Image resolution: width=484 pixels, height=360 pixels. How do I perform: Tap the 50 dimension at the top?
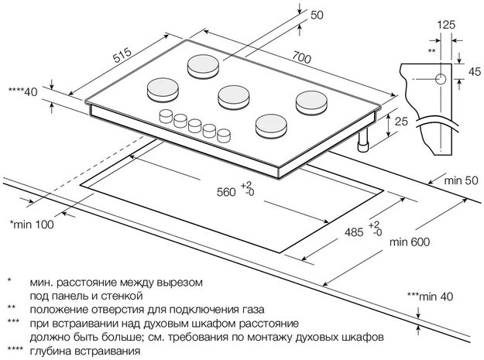tap(316, 15)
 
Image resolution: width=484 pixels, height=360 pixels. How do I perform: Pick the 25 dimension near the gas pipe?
tap(400, 122)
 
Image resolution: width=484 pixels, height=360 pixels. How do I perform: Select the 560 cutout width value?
tap(225, 190)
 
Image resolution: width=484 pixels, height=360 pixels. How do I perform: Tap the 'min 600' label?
tap(410, 242)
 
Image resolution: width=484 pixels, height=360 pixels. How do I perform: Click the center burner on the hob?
tap(232, 94)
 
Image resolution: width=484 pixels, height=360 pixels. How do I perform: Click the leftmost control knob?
tap(166, 116)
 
